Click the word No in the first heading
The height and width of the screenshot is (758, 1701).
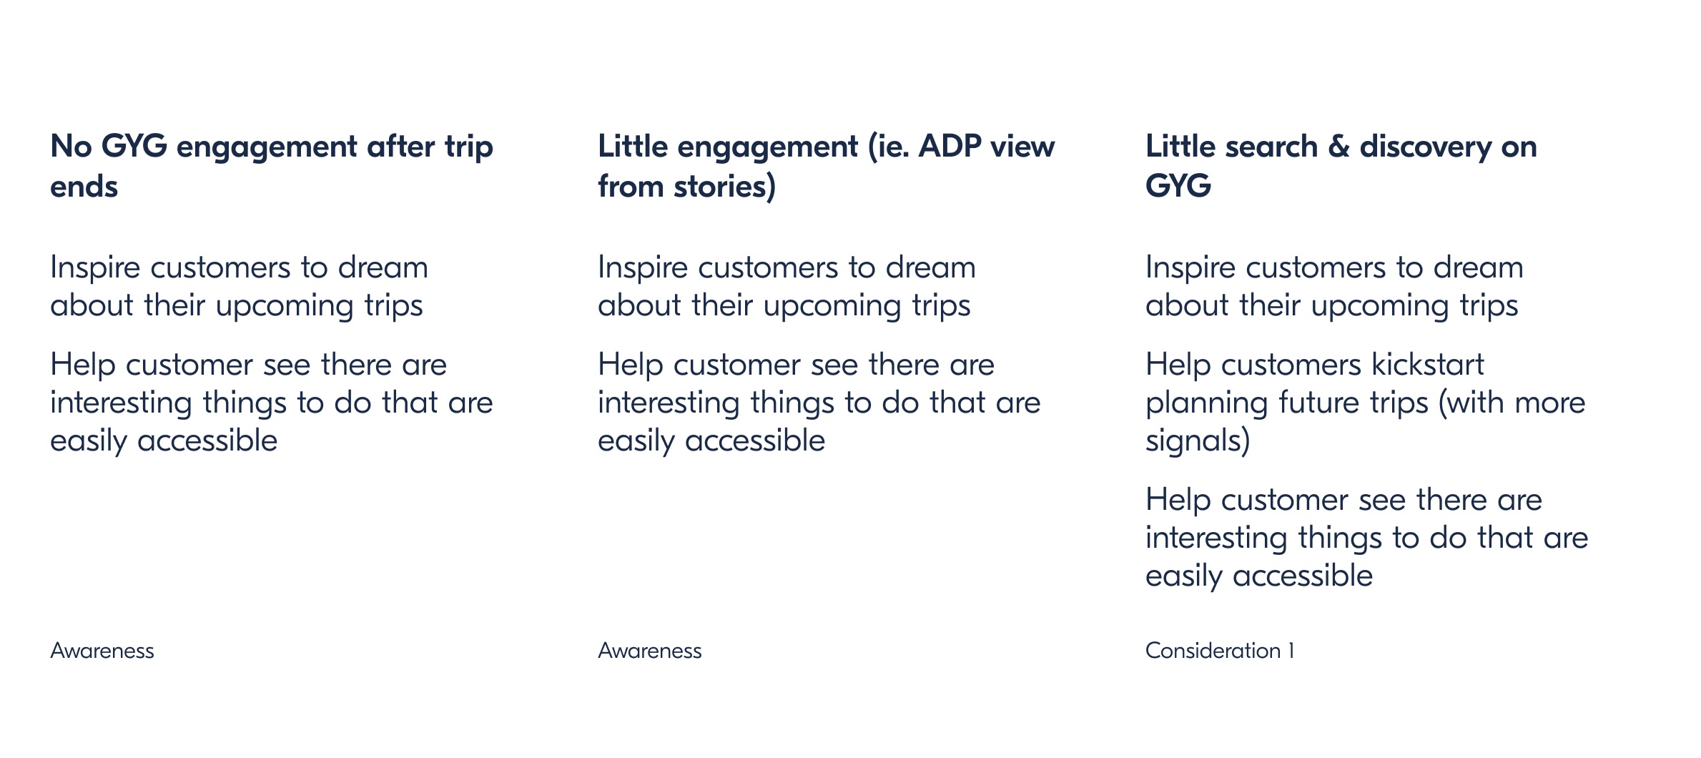pyautogui.click(x=71, y=147)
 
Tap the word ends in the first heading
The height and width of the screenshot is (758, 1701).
pyautogui.click(x=84, y=187)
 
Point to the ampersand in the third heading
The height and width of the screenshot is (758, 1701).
pyautogui.click(x=1338, y=147)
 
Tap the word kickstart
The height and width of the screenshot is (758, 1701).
pyautogui.click(x=1427, y=365)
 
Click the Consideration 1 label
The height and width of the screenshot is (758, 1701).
pyautogui.click(x=1220, y=651)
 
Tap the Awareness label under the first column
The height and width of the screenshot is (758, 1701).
pyautogui.click(x=102, y=651)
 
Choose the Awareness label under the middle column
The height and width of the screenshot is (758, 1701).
pyautogui.click(x=650, y=651)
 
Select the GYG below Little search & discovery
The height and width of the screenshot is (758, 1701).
pyautogui.click(x=1178, y=187)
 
